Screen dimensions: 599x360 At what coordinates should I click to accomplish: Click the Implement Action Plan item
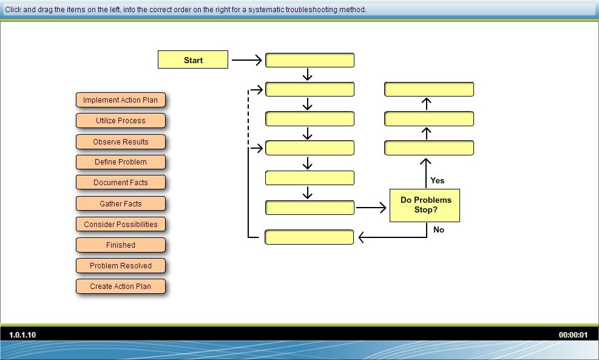click(121, 100)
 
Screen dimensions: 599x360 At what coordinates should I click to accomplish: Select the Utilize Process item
click(121, 121)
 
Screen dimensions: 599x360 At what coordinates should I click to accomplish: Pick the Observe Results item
click(121, 142)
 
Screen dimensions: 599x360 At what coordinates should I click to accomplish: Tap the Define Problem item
click(121, 162)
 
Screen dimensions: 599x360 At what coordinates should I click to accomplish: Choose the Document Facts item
click(121, 183)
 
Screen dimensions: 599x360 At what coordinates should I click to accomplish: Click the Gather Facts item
click(121, 204)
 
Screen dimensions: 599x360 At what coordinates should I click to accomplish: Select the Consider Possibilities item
click(121, 225)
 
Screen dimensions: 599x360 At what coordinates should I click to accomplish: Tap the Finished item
click(121, 245)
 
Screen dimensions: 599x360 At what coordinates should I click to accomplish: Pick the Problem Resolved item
click(121, 266)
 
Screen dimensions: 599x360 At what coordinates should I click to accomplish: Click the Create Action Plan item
click(121, 287)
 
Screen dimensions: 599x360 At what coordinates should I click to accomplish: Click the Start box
click(193, 59)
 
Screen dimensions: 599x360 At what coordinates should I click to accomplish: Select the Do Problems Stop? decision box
click(425, 205)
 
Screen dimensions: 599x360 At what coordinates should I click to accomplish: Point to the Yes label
click(438, 180)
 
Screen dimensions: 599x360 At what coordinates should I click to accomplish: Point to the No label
click(439, 229)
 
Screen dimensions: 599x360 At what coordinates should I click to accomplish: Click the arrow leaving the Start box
click(247, 60)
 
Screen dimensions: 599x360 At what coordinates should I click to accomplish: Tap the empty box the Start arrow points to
click(310, 60)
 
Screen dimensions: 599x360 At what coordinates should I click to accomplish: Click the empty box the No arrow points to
click(309, 237)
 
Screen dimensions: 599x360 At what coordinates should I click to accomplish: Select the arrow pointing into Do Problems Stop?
click(371, 208)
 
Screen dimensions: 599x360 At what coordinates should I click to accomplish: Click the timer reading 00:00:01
click(573, 335)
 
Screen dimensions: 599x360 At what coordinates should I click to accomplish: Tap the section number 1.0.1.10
click(22, 335)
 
